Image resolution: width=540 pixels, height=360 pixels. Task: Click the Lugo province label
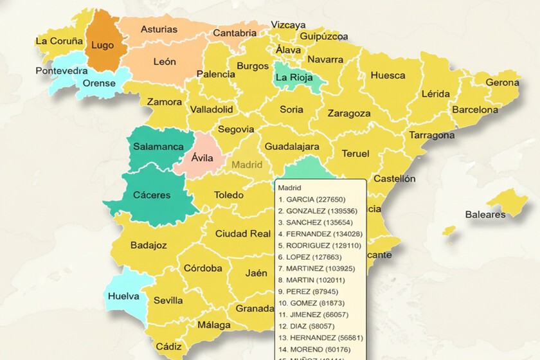click(x=103, y=45)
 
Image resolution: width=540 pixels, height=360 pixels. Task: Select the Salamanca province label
click(x=158, y=147)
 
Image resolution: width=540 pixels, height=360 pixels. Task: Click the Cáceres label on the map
click(x=152, y=195)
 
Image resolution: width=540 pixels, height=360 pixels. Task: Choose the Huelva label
click(x=124, y=296)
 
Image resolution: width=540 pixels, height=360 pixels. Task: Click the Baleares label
click(x=485, y=214)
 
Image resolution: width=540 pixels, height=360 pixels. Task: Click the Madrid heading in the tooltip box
click(x=290, y=188)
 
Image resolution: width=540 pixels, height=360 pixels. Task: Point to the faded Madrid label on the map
click(x=247, y=165)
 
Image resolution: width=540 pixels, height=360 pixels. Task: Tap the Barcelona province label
click(x=474, y=110)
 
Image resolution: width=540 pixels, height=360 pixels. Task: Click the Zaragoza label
click(x=348, y=113)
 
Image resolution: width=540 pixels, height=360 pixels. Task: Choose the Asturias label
click(x=159, y=30)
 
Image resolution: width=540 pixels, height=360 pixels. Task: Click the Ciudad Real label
click(x=242, y=233)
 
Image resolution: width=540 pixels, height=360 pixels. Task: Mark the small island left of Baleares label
click(x=449, y=230)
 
